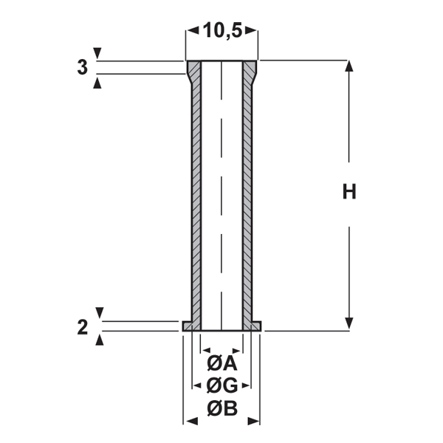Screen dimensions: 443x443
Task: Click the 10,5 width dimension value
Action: (x=222, y=30)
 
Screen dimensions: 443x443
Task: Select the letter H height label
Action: (x=349, y=193)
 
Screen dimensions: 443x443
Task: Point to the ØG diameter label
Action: (x=221, y=385)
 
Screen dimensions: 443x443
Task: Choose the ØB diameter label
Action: (x=221, y=408)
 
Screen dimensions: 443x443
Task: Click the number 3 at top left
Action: (x=82, y=67)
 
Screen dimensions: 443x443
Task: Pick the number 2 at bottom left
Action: (x=82, y=327)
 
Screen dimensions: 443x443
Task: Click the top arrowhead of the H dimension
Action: (x=349, y=66)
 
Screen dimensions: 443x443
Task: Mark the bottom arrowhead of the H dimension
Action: (x=349, y=324)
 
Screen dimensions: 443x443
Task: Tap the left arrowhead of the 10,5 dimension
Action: (x=190, y=30)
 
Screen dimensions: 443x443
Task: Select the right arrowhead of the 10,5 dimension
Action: (x=253, y=30)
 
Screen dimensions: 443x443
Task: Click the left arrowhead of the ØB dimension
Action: (x=189, y=421)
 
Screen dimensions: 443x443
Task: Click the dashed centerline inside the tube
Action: (x=221, y=192)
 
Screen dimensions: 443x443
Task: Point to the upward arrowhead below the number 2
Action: (x=100, y=339)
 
